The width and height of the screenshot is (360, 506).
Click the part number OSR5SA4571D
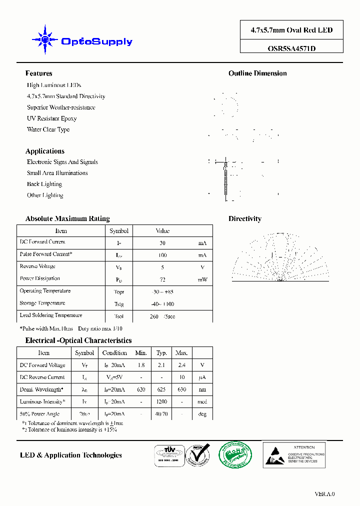point(291,48)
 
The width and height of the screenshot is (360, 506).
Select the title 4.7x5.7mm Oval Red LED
point(291,30)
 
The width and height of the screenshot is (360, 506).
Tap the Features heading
point(38,73)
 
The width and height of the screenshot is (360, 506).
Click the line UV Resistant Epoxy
point(51,118)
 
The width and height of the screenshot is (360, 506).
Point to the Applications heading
point(45,151)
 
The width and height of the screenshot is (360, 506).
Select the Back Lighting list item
point(44,184)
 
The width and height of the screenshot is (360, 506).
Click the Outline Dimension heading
point(257,73)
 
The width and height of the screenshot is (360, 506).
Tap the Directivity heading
point(244,218)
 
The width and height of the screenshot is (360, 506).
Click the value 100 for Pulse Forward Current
point(162,255)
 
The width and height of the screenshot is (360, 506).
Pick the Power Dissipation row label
point(39,278)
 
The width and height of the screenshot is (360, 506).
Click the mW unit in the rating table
point(202,279)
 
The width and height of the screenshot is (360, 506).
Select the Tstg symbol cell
point(118,304)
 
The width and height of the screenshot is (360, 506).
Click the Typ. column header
point(161,353)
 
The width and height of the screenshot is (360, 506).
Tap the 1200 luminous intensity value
point(161,402)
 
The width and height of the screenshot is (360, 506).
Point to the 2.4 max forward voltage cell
point(181,365)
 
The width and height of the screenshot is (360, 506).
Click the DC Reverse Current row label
point(42,377)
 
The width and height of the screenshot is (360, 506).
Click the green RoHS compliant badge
point(235,454)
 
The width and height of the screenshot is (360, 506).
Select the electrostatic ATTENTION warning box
point(294,454)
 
